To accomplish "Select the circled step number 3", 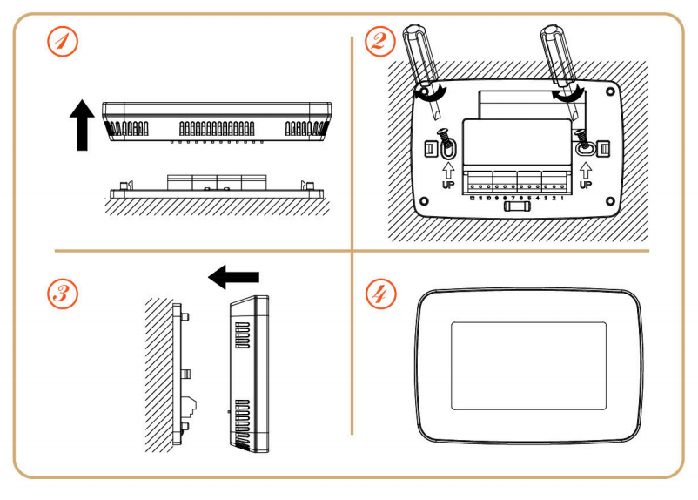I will pos(62,293).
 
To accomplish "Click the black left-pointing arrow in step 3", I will pos(233,278).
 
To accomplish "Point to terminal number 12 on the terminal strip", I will pos(471,199).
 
